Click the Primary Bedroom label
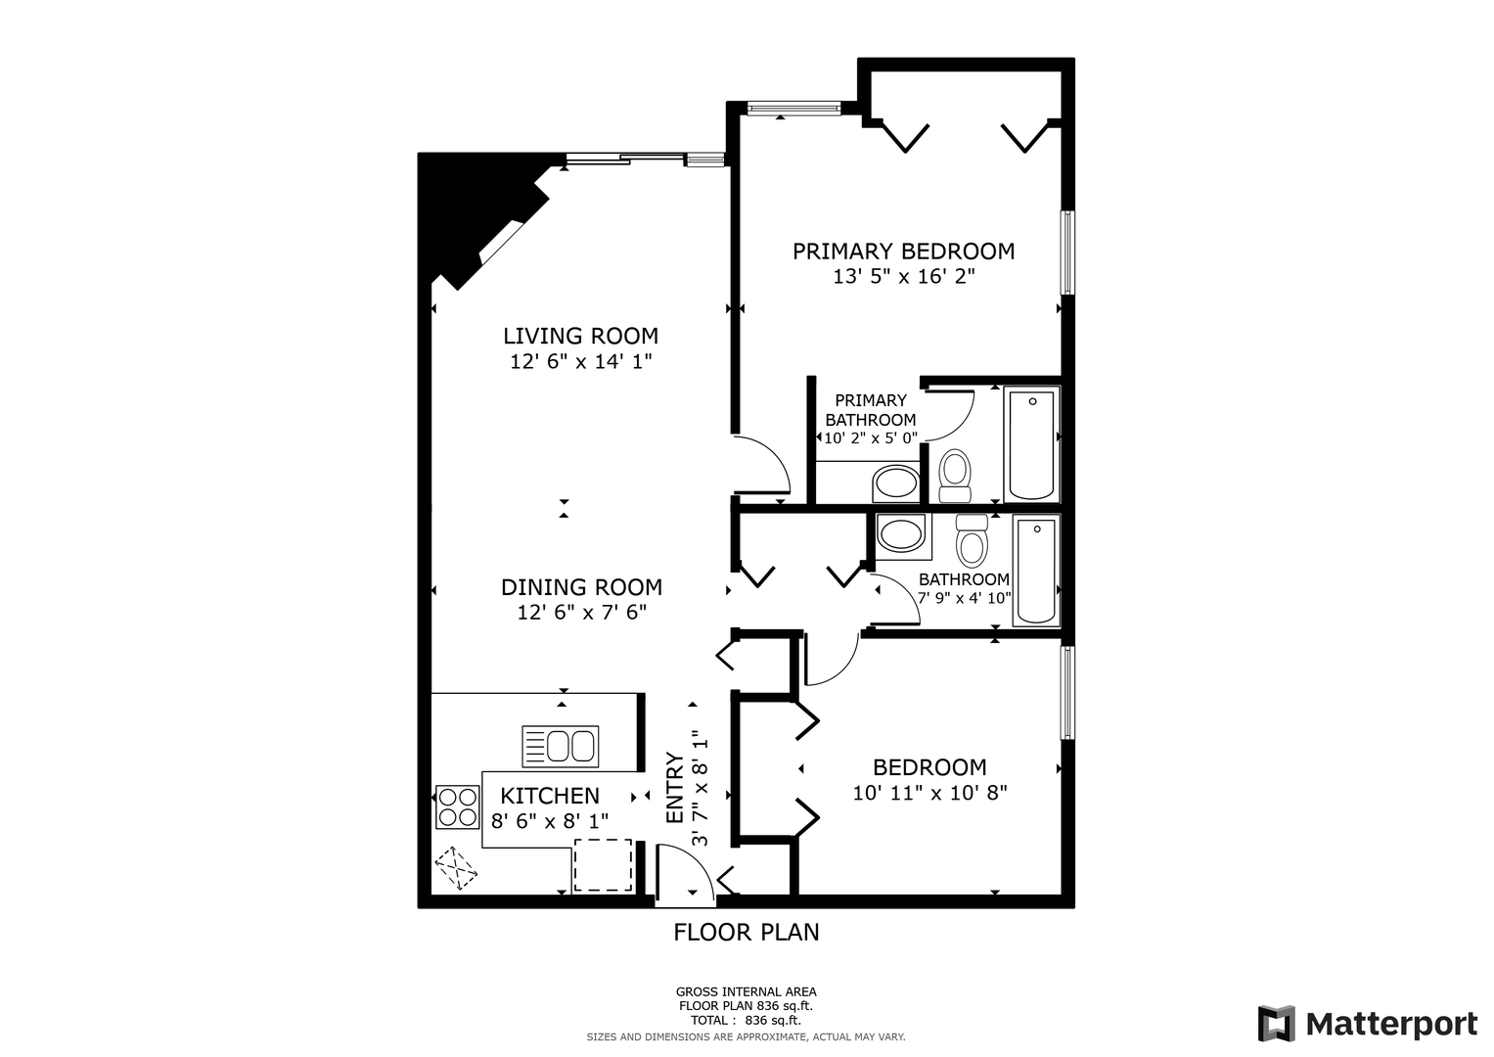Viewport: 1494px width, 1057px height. [904, 252]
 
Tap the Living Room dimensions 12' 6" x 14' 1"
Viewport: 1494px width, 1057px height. [581, 362]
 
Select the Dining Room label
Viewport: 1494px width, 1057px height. [581, 587]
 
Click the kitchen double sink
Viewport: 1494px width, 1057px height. [561, 747]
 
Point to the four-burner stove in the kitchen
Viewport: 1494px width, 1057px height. [458, 807]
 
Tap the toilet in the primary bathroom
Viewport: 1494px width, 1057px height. [955, 475]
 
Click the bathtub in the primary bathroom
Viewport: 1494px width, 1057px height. [1031, 445]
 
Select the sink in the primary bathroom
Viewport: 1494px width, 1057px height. [895, 483]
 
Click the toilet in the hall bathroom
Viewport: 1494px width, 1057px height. [972, 540]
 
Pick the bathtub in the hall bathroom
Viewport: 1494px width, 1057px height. [1036, 571]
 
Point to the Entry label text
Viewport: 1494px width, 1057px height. [676, 788]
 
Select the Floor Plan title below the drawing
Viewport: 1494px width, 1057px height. [747, 932]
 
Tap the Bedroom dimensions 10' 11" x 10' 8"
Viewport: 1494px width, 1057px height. [929, 793]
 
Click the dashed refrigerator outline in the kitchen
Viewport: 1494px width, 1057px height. [603, 865]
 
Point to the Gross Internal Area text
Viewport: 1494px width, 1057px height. [747, 992]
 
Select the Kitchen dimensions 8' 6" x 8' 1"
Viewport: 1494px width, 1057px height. [550, 821]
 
